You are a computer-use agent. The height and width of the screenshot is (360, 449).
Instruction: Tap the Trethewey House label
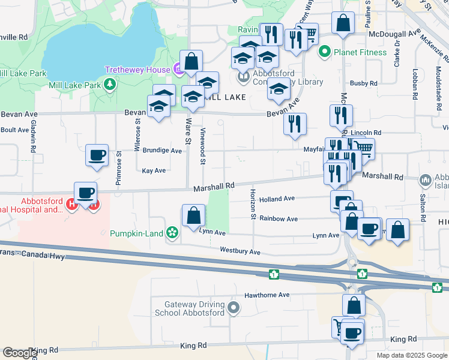click(x=137, y=70)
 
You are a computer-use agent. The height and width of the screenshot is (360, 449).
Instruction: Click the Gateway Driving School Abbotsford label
click(x=189, y=308)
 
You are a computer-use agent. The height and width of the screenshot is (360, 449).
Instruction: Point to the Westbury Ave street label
click(x=240, y=251)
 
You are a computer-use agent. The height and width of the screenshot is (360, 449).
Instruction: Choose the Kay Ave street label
click(x=154, y=170)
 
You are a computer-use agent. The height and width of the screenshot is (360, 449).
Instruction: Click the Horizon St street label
click(x=253, y=204)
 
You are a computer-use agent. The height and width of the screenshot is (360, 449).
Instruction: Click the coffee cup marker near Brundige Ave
click(x=97, y=156)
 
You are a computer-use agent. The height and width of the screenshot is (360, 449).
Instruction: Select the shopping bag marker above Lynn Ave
click(x=193, y=215)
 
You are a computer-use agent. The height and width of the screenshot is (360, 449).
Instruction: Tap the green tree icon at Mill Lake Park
click(x=110, y=85)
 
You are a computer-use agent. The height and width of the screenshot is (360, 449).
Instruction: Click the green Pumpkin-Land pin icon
click(x=173, y=232)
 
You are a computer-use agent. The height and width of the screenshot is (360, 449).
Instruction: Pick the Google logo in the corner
click(x=19, y=353)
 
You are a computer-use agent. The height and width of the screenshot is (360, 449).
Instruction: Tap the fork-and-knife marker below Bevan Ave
click(x=295, y=124)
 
